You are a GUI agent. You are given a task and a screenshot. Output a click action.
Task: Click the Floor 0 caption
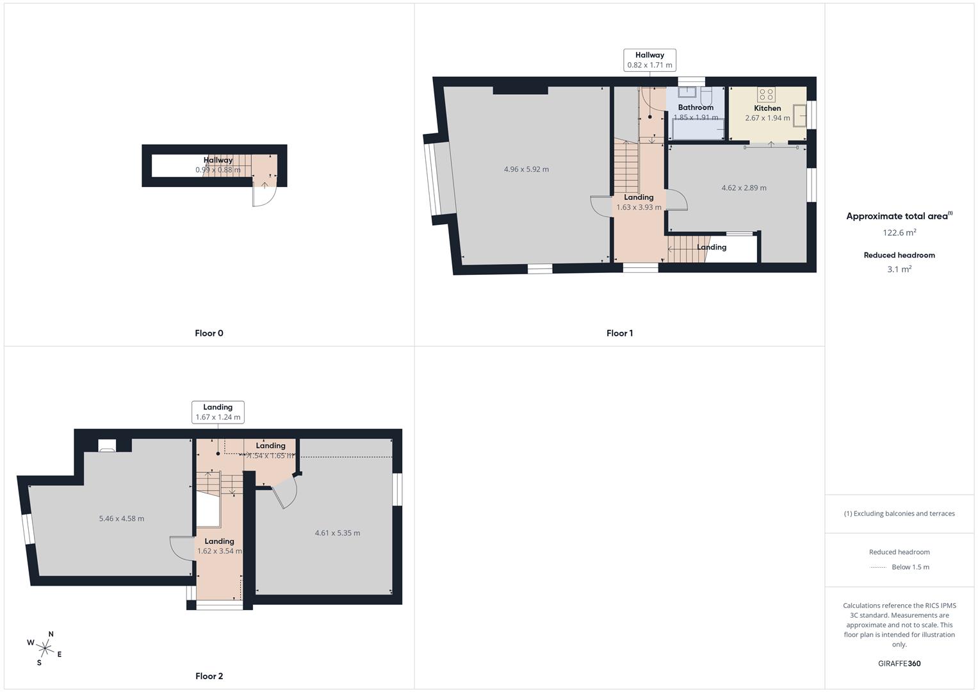point(209,333)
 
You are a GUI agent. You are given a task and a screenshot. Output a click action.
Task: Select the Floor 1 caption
point(619,333)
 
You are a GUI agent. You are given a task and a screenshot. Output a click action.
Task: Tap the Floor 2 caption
point(209,676)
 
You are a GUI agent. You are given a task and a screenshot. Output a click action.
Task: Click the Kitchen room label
point(767,108)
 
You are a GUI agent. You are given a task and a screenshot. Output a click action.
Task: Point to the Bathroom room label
point(696,108)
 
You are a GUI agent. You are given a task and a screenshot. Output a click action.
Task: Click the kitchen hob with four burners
point(766,95)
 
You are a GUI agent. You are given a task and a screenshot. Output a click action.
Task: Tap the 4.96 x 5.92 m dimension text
point(526,169)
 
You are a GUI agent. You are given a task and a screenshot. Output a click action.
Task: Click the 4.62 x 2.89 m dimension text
point(744,188)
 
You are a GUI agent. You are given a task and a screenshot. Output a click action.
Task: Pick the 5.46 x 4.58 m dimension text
point(121,518)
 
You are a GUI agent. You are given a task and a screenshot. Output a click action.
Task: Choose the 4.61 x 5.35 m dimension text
point(338,533)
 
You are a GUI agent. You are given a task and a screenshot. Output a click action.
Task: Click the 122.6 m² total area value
point(899,233)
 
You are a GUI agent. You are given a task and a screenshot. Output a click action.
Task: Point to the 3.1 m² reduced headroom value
point(899,269)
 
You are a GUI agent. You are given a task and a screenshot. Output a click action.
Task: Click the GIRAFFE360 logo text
point(899,663)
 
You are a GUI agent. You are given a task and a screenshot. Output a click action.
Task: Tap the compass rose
point(45,648)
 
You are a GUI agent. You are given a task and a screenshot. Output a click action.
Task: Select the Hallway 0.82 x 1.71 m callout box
point(649,60)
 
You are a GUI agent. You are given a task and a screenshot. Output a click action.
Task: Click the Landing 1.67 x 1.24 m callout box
point(218,412)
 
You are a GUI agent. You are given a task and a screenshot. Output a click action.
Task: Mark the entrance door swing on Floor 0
point(262,195)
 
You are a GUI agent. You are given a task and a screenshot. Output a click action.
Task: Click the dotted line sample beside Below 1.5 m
point(878,567)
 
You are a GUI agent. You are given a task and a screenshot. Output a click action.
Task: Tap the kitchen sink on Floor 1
point(799,116)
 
